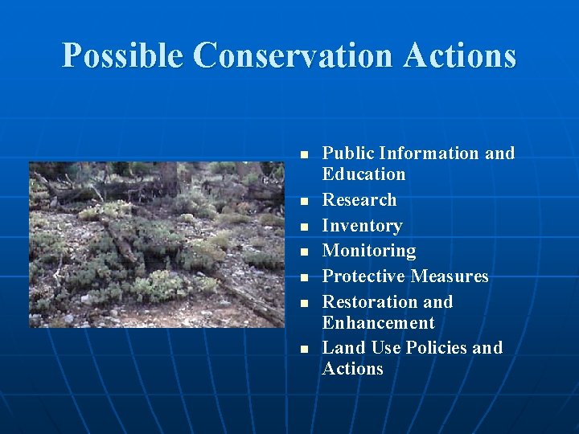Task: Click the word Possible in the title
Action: pyautogui.click(x=123, y=55)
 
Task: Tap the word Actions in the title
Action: pyautogui.click(x=461, y=55)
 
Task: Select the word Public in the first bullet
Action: pyautogui.click(x=348, y=154)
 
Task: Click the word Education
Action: pyautogui.click(x=363, y=174)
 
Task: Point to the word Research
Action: pyautogui.click(x=359, y=200)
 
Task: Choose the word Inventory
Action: pyautogui.click(x=362, y=226)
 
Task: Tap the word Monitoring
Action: pyautogui.click(x=369, y=252)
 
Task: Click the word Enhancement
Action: pyautogui.click(x=378, y=323)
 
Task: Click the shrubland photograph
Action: pyautogui.click(x=157, y=244)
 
